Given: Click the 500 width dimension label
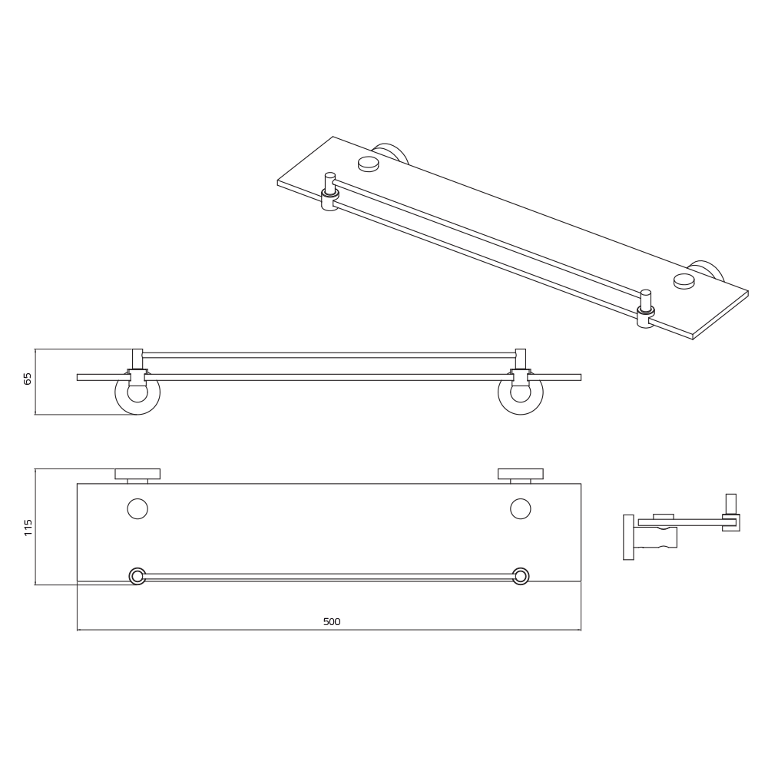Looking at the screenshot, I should tap(331, 621).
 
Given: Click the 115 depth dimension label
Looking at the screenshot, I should tap(28, 527).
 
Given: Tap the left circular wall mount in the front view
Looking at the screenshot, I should tap(137, 393).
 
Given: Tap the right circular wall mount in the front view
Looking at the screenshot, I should tap(520, 393).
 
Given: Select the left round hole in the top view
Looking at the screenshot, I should tap(137, 508).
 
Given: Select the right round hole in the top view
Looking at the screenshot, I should tap(520, 508).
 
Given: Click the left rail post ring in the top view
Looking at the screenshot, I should tap(137, 576).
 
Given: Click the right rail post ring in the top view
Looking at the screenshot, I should tap(520, 576).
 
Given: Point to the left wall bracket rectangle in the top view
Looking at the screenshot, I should tap(137, 473).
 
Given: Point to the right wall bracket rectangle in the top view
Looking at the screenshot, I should tap(520, 473).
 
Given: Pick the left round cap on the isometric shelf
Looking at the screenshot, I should tap(369, 163).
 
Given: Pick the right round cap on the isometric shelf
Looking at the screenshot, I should tap(684, 280).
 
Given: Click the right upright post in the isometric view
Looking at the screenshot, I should tap(646, 300).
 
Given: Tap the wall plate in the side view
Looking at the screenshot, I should tap(628, 537).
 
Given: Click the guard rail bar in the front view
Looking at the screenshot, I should tap(329, 355).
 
